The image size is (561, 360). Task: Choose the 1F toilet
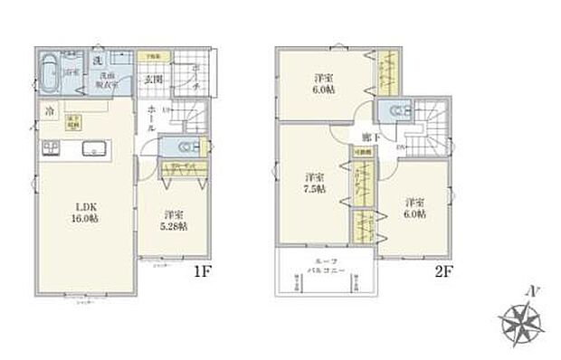click(180, 147)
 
